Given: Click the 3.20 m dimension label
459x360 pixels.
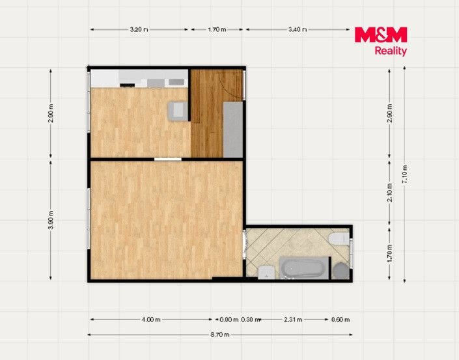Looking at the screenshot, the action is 139,29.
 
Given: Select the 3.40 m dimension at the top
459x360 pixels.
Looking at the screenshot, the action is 298,29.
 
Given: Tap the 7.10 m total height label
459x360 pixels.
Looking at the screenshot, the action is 404,174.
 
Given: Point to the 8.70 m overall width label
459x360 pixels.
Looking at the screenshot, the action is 220,335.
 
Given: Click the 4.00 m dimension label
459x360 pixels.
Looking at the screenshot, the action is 151,320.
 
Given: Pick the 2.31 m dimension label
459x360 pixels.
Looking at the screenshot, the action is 293,320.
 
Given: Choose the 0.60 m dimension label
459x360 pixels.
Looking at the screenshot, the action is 341,320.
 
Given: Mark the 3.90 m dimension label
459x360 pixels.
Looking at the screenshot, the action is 51,220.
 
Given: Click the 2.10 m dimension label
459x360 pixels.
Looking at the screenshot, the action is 389,192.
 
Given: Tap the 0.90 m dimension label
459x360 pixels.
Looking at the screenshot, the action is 229,320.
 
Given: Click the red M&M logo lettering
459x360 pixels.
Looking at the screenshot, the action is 381,35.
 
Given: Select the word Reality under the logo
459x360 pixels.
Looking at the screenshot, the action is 391,51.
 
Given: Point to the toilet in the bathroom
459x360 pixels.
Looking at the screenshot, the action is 339,238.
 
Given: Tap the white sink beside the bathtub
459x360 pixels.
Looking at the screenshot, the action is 266,272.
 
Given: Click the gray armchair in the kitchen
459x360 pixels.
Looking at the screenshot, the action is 178,111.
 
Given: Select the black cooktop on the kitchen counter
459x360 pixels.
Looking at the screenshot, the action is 128,85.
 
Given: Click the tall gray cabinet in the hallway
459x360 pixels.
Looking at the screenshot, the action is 233,130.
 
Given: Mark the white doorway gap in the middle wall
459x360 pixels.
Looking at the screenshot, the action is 168,159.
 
